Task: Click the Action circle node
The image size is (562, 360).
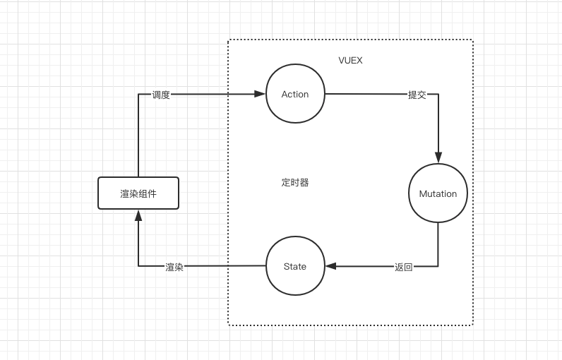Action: (x=295, y=94)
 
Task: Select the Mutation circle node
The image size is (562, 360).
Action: (x=438, y=193)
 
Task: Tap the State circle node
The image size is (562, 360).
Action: (x=295, y=266)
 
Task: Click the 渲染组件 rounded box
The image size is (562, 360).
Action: (x=138, y=193)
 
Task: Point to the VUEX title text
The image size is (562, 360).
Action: (x=351, y=61)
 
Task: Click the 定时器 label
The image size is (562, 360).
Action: (x=295, y=182)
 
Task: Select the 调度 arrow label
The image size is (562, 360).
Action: (x=161, y=95)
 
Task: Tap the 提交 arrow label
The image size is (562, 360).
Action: (x=417, y=95)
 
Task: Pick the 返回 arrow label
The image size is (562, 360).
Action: (x=404, y=267)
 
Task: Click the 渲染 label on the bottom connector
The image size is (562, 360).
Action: (x=174, y=267)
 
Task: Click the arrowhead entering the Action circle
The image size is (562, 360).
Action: (x=261, y=94)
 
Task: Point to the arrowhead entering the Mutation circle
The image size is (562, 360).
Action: (x=438, y=158)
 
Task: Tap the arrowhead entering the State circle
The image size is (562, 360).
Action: (x=330, y=266)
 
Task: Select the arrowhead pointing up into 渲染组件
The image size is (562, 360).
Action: (x=138, y=215)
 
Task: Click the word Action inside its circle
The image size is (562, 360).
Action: (x=295, y=94)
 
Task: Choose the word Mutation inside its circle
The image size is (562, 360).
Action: (x=438, y=193)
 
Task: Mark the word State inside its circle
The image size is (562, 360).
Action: (x=295, y=266)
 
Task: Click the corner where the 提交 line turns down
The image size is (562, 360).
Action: (x=438, y=94)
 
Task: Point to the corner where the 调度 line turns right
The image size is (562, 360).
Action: (x=138, y=94)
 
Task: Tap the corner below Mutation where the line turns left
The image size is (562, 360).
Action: (x=438, y=266)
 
